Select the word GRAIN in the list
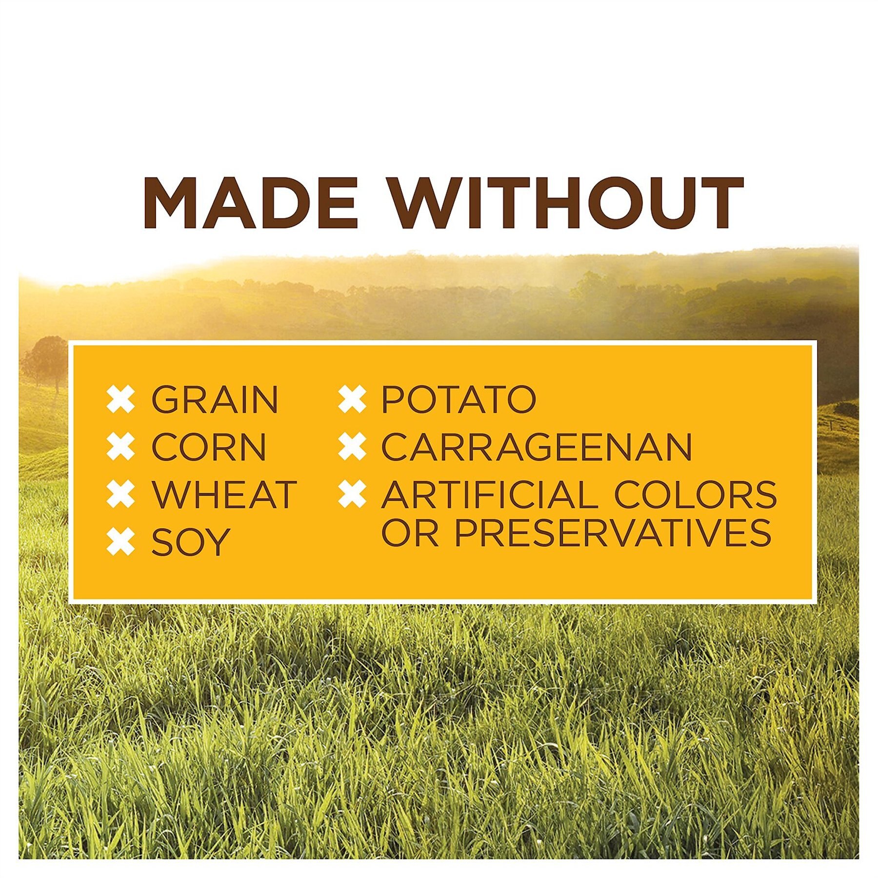coord(215,399)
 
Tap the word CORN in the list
coord(209,447)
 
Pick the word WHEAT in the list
coord(224,494)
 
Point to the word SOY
coord(190,541)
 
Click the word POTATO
coord(459,399)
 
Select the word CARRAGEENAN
coord(537,447)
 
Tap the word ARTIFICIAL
coord(489,494)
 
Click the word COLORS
coord(695,494)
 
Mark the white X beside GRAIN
coord(120,399)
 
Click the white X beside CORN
coord(120,447)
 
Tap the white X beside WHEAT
coord(120,494)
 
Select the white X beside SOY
coord(120,541)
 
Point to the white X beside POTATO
coord(352,399)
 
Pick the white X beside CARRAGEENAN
coord(352,447)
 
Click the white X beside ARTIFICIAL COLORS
coord(352,494)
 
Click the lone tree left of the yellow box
coord(46,361)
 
